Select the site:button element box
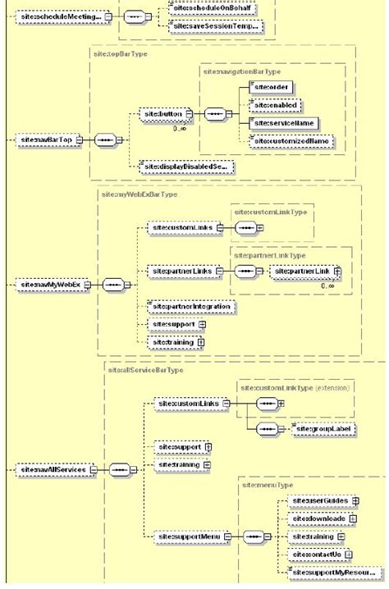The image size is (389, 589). click(162, 113)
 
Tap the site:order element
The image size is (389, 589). click(272, 85)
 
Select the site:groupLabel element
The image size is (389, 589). click(325, 428)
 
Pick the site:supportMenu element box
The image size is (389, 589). click(182, 536)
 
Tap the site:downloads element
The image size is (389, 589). click(319, 518)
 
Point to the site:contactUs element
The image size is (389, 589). click(316, 555)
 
